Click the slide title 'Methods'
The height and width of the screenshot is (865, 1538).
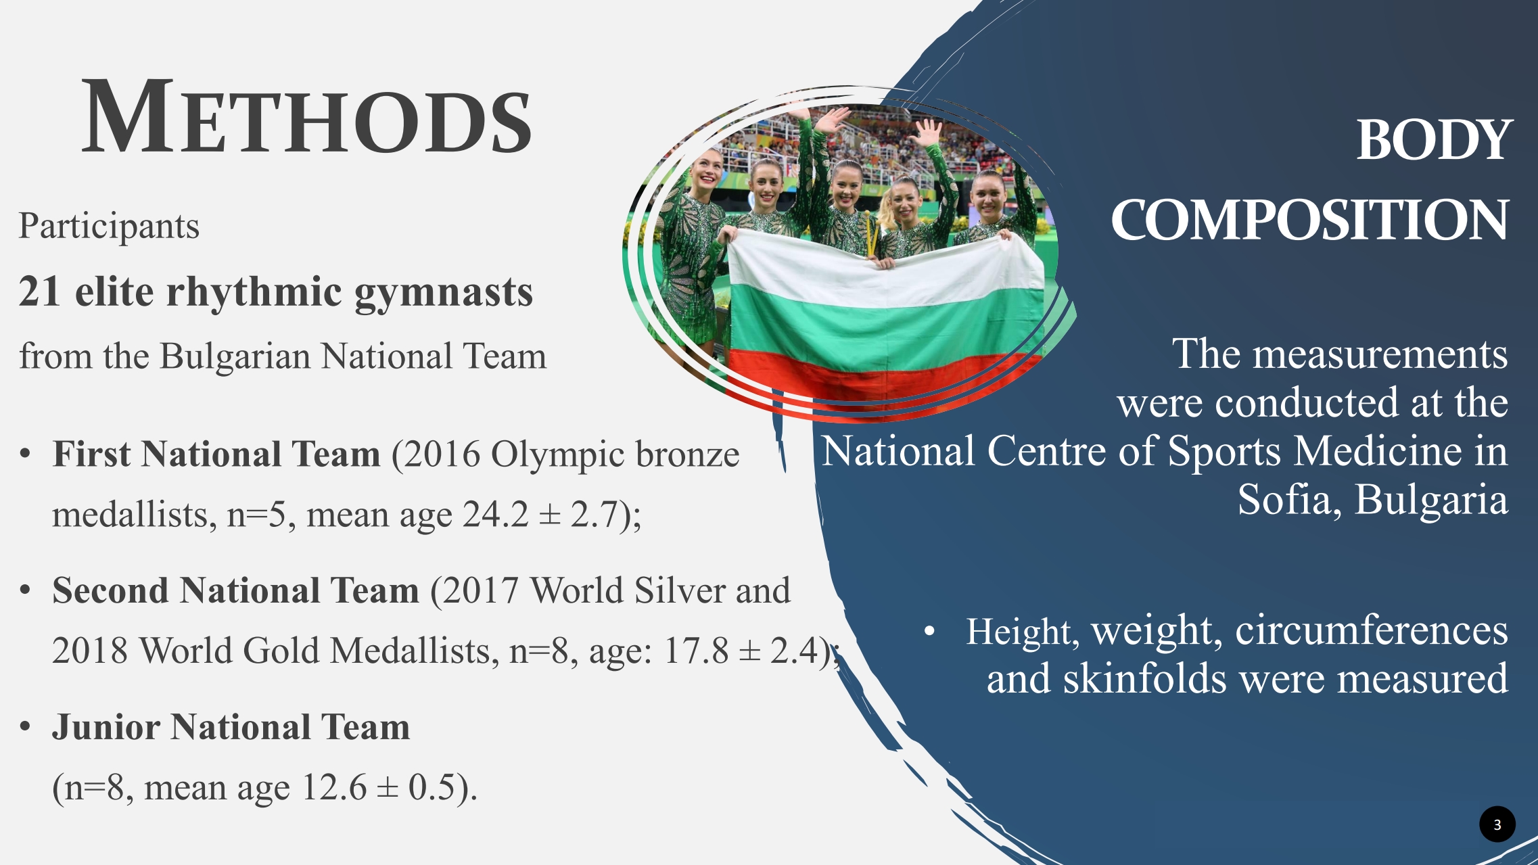tap(307, 116)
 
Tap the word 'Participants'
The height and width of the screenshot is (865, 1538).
tap(109, 227)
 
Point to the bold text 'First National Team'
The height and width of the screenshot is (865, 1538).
tap(216, 453)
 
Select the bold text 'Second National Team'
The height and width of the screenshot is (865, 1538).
tap(236, 590)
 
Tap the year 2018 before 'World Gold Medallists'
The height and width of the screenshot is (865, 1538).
tap(90, 651)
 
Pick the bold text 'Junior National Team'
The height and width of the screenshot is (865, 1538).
tap(231, 727)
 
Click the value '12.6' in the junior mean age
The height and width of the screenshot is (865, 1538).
tap(334, 787)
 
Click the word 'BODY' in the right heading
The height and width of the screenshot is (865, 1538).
tap(1433, 140)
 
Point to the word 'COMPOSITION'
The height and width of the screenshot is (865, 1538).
tap(1310, 220)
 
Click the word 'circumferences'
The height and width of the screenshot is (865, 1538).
tap(1371, 630)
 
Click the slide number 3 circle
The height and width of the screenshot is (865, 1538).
tap(1497, 824)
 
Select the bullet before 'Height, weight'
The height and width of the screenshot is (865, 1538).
tap(930, 632)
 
